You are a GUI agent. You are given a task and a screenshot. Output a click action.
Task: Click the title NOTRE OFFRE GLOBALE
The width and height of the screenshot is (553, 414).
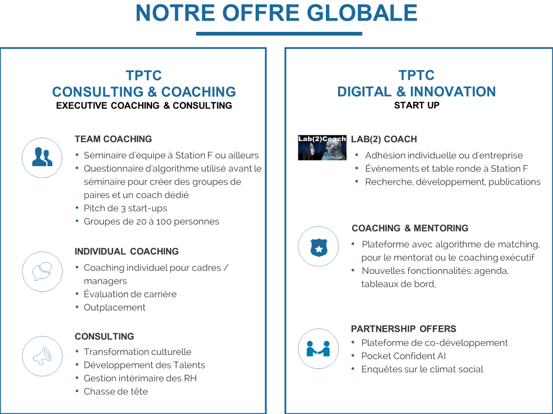(276, 13)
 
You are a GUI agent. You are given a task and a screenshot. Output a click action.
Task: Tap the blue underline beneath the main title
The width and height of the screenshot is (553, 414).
(279, 34)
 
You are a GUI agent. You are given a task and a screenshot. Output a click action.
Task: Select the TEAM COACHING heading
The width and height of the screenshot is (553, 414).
(113, 139)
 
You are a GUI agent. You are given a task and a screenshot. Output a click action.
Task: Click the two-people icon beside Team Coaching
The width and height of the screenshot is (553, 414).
(42, 157)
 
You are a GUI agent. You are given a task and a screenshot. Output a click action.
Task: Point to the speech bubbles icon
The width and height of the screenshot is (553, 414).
(42, 271)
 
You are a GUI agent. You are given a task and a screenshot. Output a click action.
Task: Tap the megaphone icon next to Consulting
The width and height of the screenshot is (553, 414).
(42, 356)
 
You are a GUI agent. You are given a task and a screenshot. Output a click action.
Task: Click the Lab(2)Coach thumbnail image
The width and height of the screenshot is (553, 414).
(322, 148)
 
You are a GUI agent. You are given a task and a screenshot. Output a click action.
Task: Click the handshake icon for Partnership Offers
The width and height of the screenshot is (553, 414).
(319, 349)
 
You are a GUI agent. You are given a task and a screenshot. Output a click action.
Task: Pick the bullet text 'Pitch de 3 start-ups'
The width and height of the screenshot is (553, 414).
(125, 209)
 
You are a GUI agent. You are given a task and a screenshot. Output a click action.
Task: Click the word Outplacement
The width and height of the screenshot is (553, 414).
(114, 307)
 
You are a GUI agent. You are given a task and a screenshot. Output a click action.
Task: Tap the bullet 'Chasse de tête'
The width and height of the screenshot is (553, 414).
(116, 392)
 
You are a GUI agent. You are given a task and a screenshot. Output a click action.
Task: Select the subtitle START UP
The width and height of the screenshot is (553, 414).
(416, 105)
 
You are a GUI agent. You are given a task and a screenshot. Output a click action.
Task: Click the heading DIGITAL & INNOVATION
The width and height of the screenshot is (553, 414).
(416, 91)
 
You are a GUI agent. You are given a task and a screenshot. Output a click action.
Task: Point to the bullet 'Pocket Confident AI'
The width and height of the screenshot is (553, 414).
(404, 356)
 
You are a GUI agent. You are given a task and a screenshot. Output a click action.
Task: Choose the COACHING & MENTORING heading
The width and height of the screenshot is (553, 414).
(410, 228)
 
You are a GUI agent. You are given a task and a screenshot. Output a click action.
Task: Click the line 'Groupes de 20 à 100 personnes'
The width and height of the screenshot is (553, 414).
(152, 221)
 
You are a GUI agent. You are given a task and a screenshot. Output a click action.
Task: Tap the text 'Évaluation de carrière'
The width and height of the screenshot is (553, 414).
(130, 294)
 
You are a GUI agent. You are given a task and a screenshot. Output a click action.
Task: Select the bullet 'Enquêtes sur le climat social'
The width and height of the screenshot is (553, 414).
(422, 369)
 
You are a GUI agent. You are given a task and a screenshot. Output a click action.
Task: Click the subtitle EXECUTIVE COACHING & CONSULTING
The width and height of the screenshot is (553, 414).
(144, 106)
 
